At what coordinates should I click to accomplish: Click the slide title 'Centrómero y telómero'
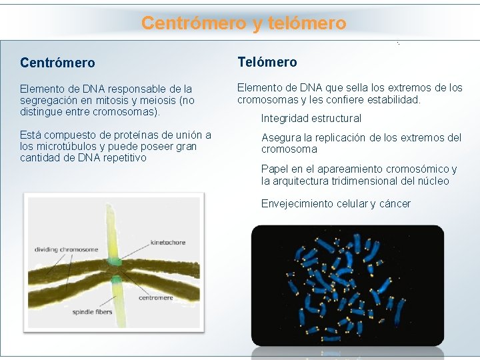243,23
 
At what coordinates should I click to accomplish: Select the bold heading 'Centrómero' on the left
57,63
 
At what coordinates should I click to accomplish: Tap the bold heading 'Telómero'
267,62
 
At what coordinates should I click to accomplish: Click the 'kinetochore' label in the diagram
168,243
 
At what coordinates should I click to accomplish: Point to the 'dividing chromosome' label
66,250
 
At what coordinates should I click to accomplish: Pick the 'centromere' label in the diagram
156,298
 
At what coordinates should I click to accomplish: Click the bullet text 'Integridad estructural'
311,119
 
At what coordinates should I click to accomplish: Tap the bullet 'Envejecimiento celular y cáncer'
335,204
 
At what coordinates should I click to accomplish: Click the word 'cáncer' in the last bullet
394,204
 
